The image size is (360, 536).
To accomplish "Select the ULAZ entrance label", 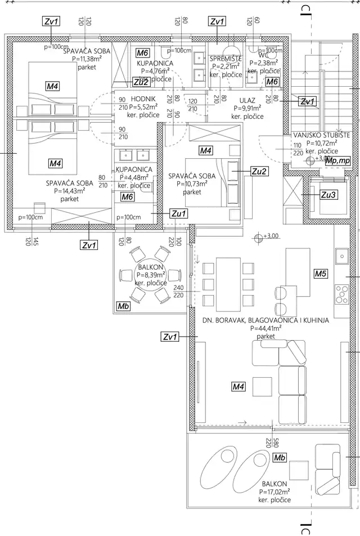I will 247,99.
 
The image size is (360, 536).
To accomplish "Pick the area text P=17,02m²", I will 274,491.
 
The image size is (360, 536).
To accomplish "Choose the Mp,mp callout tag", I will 337,160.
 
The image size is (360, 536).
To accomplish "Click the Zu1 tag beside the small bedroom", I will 178,213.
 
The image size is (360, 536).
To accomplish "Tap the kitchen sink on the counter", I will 341,257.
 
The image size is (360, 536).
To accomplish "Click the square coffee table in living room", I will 262,386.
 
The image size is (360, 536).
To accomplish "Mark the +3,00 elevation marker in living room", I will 259,236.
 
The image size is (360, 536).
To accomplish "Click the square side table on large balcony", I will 298,469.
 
